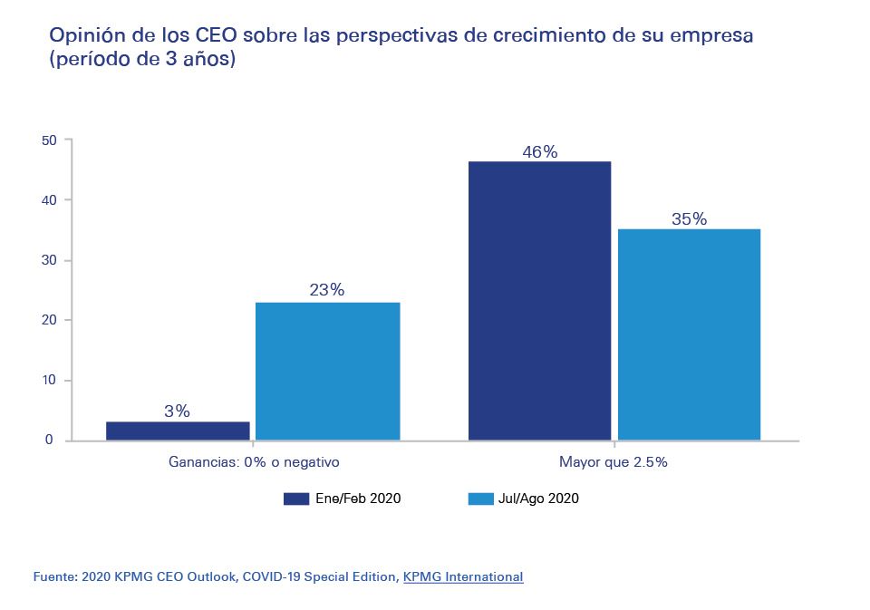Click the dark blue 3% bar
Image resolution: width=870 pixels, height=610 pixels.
(x=178, y=431)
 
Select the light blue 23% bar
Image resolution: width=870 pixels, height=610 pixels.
(x=327, y=371)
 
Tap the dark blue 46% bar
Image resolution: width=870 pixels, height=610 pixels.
(x=539, y=301)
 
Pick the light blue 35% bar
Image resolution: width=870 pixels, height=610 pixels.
(x=689, y=334)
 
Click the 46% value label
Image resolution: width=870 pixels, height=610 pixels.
(x=539, y=152)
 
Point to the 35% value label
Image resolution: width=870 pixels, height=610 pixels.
(x=689, y=219)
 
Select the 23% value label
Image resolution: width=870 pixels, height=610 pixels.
(x=327, y=290)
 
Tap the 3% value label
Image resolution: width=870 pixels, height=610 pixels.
(x=178, y=411)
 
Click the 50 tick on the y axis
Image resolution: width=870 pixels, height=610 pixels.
(x=49, y=140)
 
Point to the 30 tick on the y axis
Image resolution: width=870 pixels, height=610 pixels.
(x=49, y=260)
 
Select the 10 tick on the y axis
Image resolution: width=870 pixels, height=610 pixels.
(x=49, y=381)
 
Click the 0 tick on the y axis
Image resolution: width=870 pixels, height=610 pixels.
(x=53, y=441)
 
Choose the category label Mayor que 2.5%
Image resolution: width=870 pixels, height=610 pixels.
(x=614, y=462)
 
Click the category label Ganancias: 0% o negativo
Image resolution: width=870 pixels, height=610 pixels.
(x=254, y=462)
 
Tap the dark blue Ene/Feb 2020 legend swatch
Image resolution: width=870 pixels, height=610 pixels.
(x=296, y=499)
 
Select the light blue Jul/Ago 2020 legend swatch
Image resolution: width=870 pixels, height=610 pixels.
(x=480, y=499)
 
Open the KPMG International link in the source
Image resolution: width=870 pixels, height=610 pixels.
(x=463, y=576)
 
